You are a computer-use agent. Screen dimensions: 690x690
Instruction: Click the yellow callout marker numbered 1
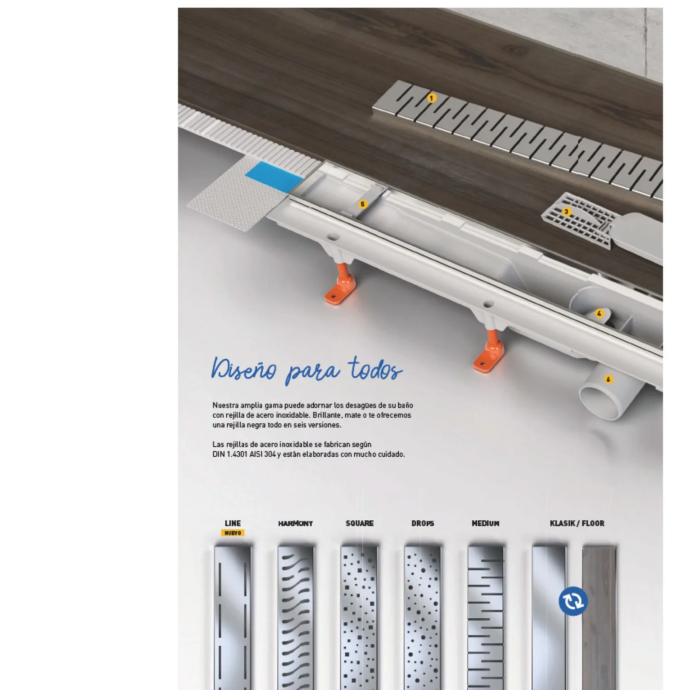pos(431,98)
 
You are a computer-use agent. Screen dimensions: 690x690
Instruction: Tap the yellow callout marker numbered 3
pos(566,212)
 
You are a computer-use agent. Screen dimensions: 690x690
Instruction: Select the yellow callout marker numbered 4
pos(599,314)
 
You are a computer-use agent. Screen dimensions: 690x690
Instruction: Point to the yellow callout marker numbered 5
pos(362,204)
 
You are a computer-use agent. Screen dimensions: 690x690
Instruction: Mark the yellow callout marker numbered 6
pos(609,379)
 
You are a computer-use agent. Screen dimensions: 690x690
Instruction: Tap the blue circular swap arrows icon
pos(573,601)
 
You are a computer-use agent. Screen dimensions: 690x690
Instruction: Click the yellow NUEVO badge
pos(233,533)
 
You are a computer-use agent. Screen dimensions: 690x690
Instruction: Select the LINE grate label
pos(233,523)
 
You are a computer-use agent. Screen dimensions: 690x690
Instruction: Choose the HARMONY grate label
pos(295,523)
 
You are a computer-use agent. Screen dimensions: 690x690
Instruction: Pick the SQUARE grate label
pos(360,523)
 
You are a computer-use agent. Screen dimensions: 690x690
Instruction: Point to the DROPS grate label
pos(423,523)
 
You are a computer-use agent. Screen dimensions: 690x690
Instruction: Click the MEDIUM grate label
pos(485,523)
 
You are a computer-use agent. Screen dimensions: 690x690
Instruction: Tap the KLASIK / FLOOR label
pos(577,523)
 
